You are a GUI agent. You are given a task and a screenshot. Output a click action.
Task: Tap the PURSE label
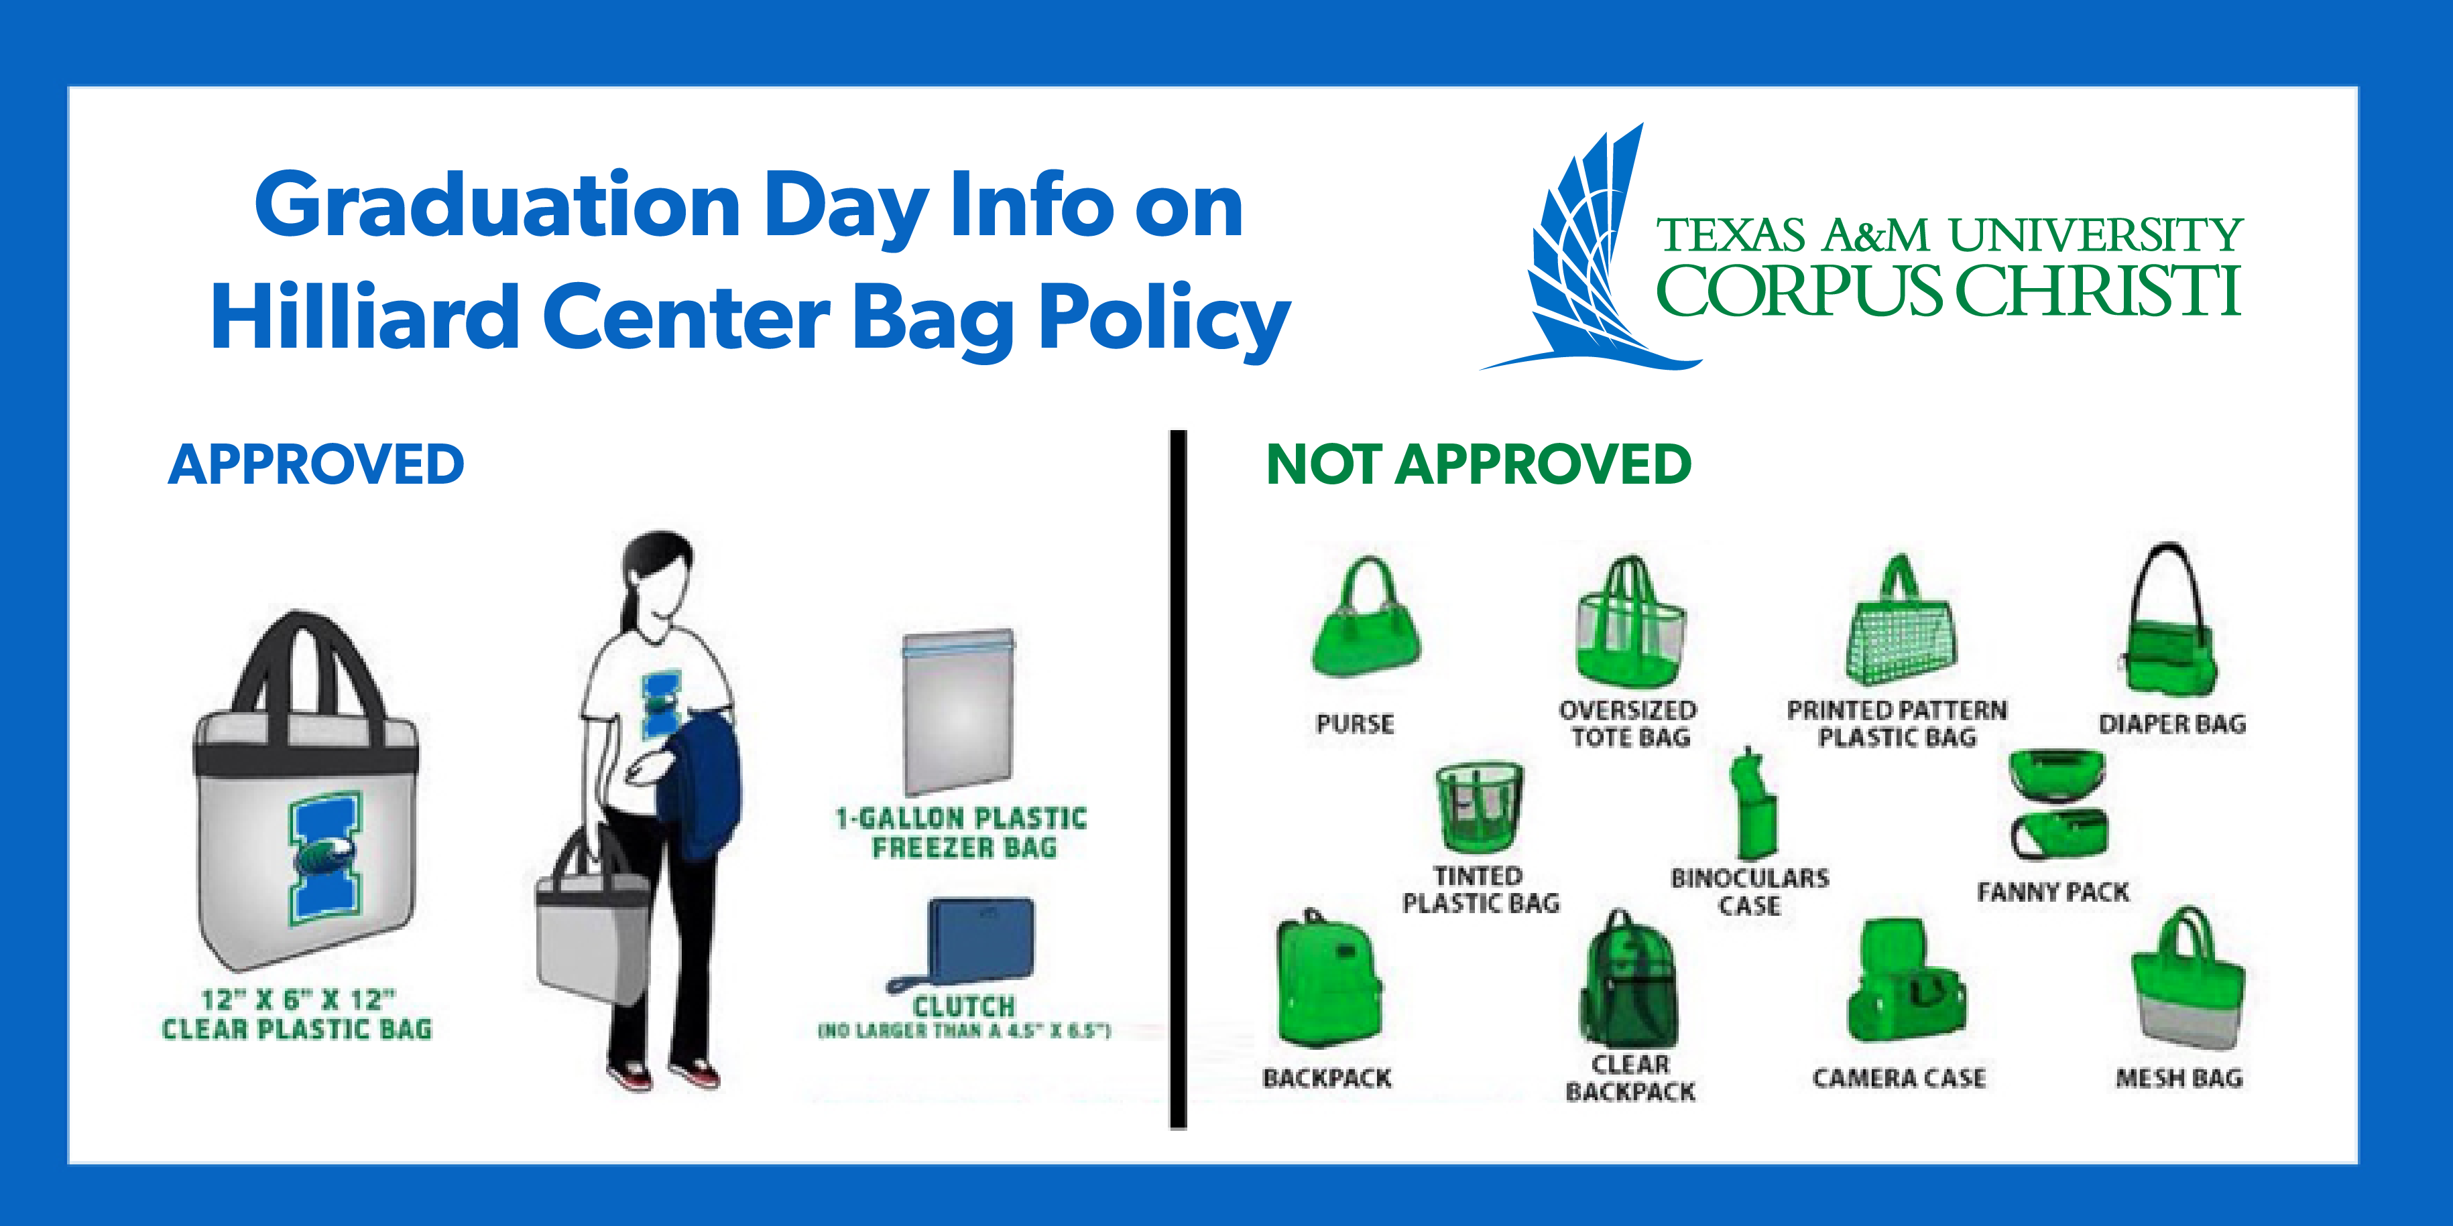click(1355, 724)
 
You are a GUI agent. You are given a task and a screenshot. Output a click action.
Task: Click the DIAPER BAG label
click(2172, 724)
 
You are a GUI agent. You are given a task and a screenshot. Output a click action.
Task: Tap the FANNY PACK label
click(2052, 892)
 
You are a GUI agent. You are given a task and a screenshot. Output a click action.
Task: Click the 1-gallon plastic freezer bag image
click(958, 710)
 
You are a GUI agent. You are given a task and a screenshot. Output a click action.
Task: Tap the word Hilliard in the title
click(365, 316)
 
